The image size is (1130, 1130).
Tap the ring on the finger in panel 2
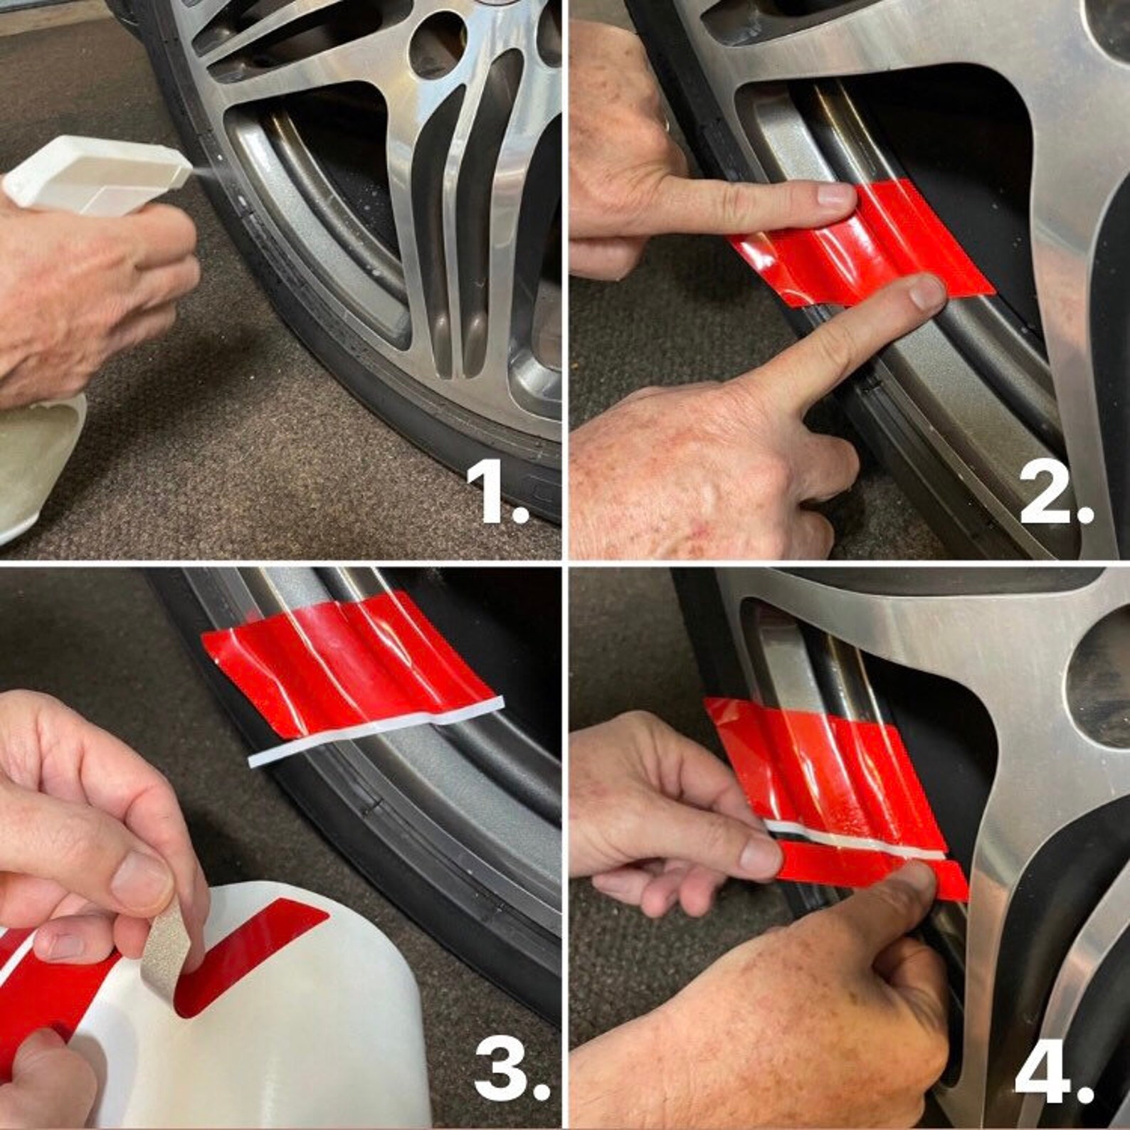click(x=665, y=125)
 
